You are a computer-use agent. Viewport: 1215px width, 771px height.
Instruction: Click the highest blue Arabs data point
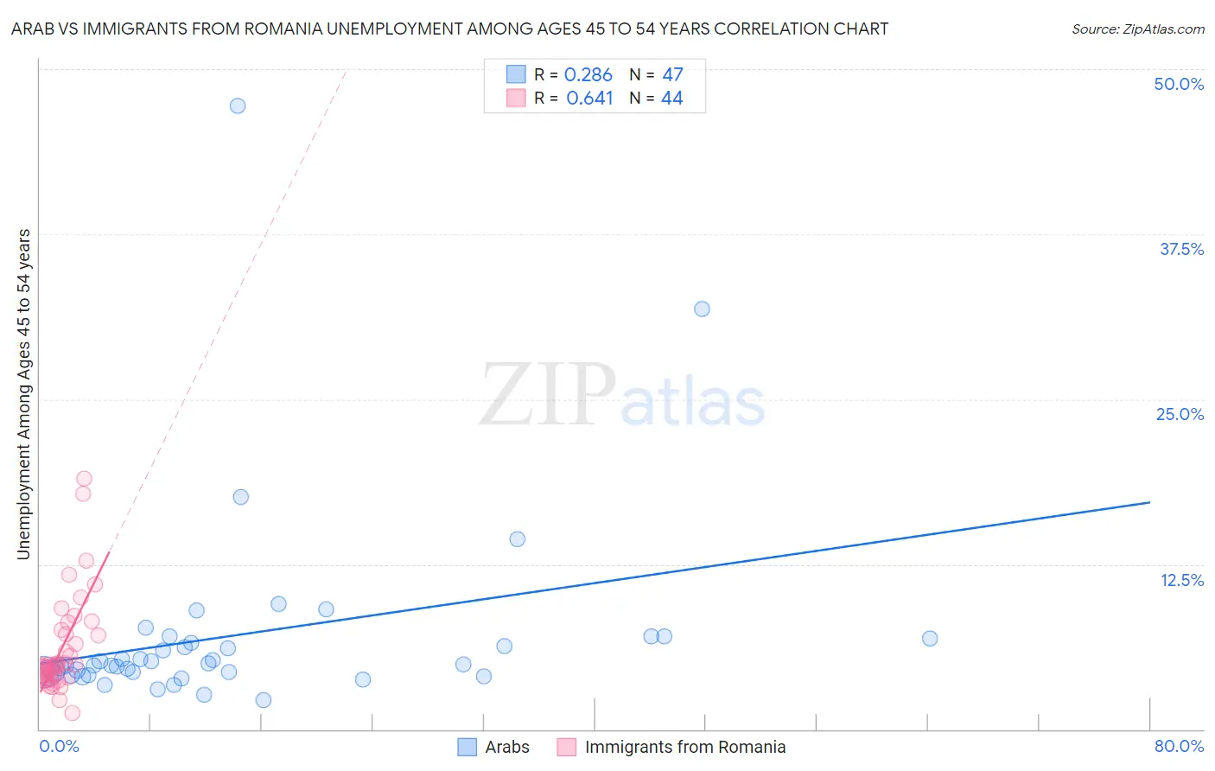coord(238,106)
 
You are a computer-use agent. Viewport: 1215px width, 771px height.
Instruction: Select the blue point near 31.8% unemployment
coord(702,309)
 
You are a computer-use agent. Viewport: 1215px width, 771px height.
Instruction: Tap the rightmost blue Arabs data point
coord(930,639)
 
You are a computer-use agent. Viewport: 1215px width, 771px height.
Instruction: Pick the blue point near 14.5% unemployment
coord(518,539)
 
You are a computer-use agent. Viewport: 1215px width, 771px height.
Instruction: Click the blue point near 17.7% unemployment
coord(241,497)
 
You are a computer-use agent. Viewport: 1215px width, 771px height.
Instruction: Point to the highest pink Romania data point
coord(84,479)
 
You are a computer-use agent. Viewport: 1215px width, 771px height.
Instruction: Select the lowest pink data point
coord(73,713)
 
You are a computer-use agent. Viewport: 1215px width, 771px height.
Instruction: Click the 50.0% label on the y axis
coord(1179,85)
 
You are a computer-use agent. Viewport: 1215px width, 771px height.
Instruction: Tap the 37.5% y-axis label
coord(1181,250)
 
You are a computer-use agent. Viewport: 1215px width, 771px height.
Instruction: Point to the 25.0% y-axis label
coord(1180,415)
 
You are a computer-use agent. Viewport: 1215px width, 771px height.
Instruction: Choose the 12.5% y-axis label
coord(1181,581)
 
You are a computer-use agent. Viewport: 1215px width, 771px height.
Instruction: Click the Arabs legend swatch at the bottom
coord(468,747)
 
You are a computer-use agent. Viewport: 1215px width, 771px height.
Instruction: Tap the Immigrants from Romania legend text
coord(685,747)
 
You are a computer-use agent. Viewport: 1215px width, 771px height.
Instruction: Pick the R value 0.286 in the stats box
coord(588,75)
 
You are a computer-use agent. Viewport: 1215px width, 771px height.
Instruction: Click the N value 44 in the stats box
coord(672,99)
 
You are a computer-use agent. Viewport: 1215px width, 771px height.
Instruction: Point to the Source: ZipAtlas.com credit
coord(1137,29)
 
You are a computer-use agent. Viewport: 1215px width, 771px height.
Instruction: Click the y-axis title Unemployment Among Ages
coord(24,394)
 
